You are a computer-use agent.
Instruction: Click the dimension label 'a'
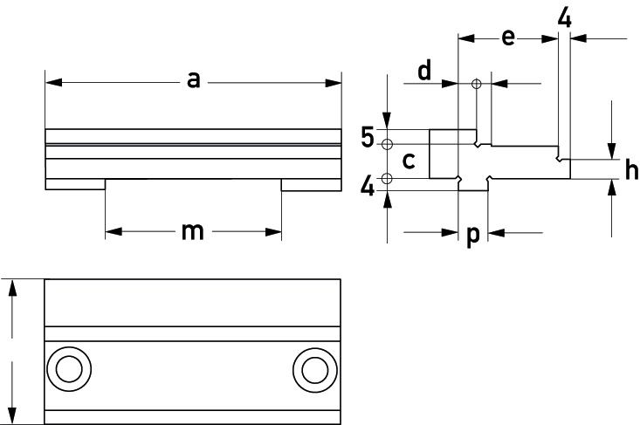194,80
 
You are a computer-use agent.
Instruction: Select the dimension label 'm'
192,231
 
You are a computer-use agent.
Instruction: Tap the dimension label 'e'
508,38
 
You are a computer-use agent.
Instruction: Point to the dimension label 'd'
424,70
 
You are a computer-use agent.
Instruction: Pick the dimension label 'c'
409,161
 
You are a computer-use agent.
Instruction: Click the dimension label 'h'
631,169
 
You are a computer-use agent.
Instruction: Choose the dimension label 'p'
472,236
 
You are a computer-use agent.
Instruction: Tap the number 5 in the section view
368,137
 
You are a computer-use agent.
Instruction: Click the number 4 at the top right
565,17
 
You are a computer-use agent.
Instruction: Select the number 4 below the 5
368,187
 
